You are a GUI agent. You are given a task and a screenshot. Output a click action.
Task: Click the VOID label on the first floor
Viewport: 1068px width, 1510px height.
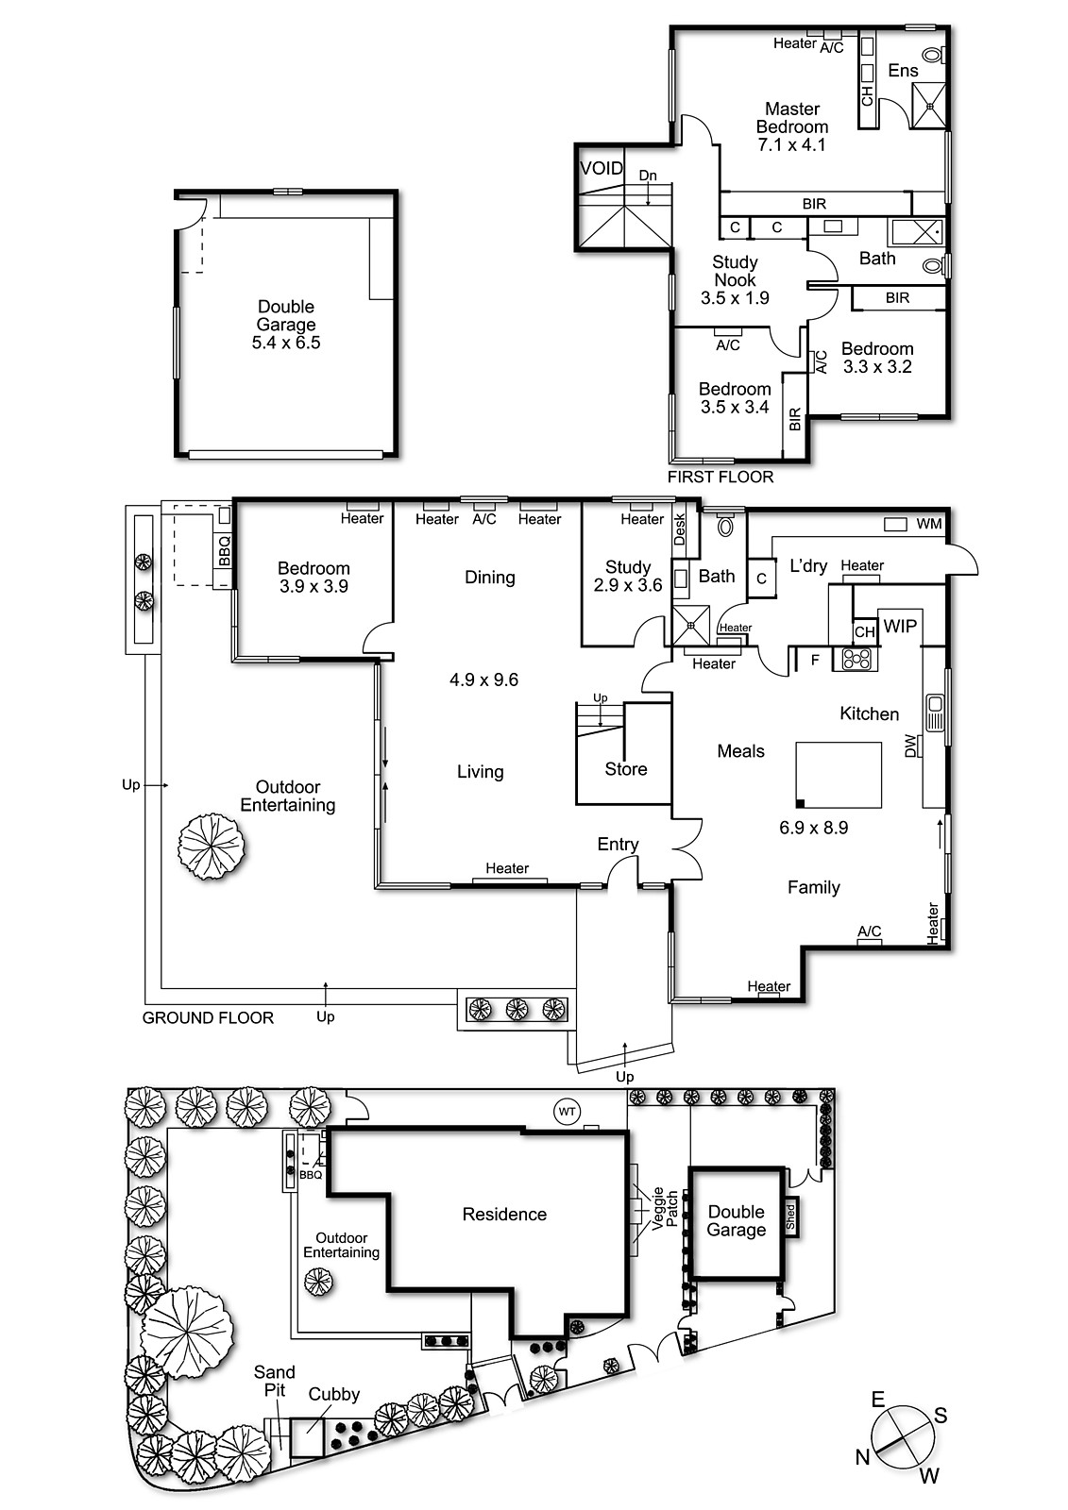point(602,168)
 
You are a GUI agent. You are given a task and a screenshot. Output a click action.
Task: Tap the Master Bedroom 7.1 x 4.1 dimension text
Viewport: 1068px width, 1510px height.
point(791,145)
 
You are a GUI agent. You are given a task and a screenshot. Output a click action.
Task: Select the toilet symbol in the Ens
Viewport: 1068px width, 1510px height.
point(934,54)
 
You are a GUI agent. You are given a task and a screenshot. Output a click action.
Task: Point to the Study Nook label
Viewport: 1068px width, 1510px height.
point(735,271)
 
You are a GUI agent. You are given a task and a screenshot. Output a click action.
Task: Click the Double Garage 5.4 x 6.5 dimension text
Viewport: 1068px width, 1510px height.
point(286,343)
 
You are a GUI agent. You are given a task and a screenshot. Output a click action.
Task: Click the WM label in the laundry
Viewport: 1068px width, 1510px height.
point(928,524)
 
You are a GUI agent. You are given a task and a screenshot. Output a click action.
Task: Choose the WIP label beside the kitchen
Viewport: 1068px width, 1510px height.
point(900,627)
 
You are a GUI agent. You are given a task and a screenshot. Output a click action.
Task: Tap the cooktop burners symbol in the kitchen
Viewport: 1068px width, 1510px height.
point(856,658)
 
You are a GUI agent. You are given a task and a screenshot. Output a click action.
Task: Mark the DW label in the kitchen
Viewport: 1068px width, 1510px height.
point(911,747)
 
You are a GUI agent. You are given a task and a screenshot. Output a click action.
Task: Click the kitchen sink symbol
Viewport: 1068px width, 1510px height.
point(935,713)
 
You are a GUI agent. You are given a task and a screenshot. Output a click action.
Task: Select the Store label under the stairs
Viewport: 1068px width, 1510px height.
point(625,769)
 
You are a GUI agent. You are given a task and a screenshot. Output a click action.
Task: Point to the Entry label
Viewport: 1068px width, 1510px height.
point(618,845)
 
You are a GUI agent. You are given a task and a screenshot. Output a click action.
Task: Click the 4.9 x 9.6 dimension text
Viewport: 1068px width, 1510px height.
point(483,679)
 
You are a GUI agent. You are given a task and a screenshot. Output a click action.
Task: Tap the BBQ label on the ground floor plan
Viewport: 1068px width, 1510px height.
point(225,551)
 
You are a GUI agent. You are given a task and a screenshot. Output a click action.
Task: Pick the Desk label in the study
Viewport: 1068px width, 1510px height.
point(679,529)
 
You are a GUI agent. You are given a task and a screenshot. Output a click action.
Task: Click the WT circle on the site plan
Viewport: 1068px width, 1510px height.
point(567,1112)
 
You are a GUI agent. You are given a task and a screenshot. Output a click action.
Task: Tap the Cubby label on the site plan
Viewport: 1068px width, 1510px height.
point(334,1395)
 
